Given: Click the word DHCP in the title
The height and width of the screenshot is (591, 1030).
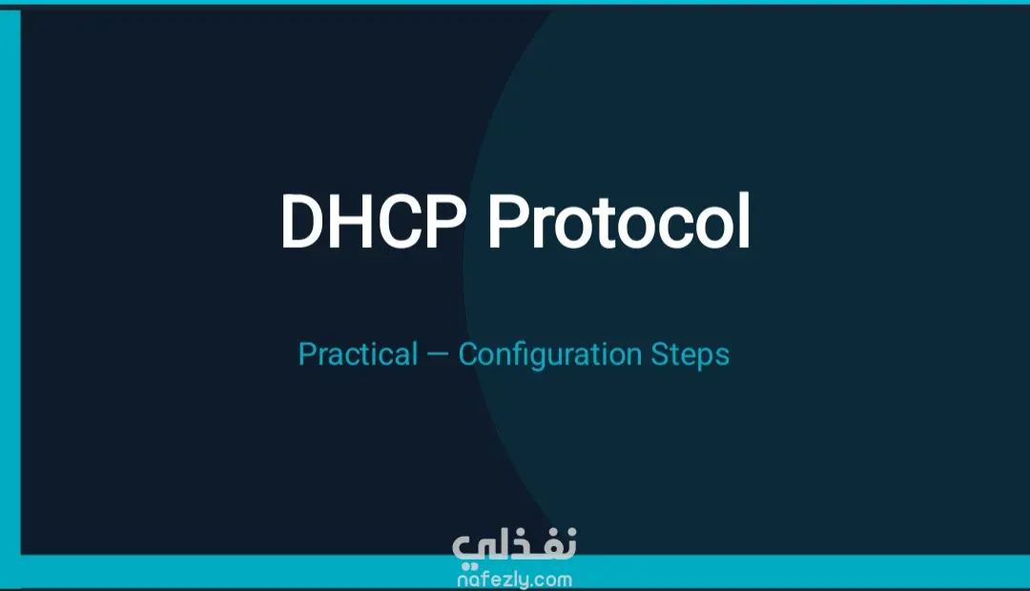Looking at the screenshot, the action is click(373, 221).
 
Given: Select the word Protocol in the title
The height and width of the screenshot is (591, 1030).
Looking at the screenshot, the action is click(618, 221).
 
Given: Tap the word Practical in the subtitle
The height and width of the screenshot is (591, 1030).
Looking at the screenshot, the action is click(358, 355).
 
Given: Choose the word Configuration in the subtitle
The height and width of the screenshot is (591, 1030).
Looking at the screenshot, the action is click(550, 356).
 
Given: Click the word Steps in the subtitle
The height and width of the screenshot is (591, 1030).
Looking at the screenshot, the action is click(690, 356).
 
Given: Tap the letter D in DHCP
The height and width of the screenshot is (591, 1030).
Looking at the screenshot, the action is click(302, 221).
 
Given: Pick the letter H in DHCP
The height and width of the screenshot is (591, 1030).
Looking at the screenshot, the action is click(355, 221).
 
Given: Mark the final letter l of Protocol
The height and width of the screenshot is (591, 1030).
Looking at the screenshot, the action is click(744, 220).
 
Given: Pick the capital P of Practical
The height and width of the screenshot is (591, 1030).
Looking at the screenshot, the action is click(307, 355).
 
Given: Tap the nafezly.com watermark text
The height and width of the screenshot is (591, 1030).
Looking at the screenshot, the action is click(514, 581).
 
